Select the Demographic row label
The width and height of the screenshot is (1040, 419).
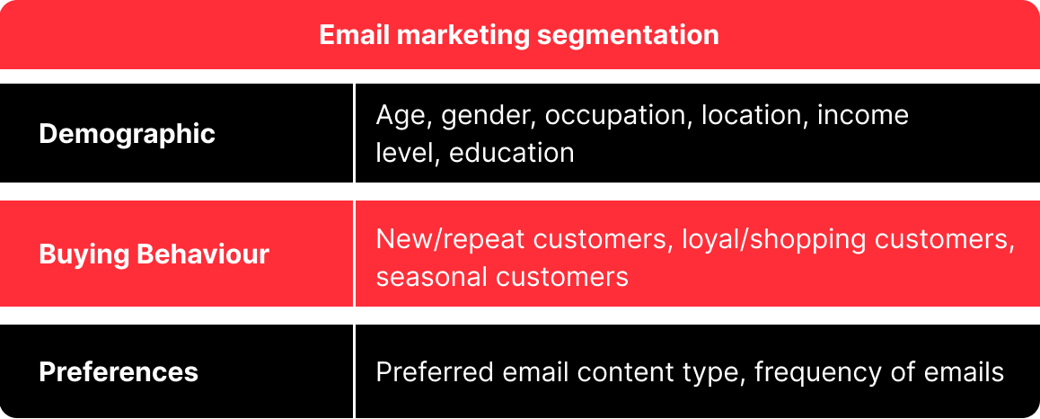(128, 134)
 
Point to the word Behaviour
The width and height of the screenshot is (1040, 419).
(203, 254)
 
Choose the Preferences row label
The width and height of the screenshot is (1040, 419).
(119, 372)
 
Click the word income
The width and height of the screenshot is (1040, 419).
(863, 116)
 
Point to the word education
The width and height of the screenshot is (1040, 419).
(511, 153)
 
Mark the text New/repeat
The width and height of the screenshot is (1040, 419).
(451, 240)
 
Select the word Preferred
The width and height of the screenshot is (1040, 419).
(435, 372)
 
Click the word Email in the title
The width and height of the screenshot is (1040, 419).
(354, 35)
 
